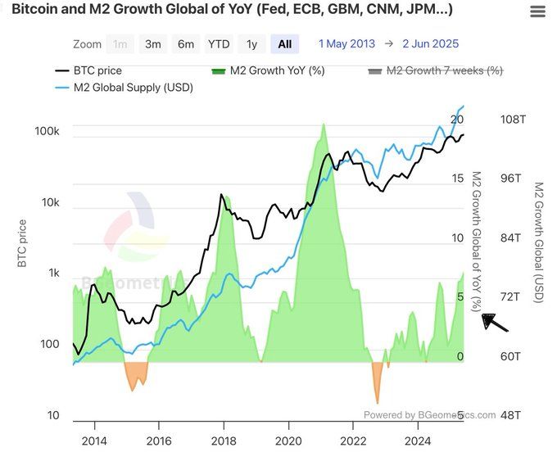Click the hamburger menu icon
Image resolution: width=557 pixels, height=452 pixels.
click(537, 11)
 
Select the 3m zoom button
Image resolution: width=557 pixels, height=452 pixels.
click(153, 44)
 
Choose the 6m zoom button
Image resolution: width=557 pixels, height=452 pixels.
click(186, 44)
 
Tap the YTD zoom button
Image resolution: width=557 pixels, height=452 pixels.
click(219, 44)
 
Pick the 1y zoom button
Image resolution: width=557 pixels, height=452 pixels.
click(251, 44)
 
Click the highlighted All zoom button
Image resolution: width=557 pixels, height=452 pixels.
click(284, 44)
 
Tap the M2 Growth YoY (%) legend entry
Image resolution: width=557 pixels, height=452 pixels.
click(268, 70)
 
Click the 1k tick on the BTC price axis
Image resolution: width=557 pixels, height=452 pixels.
click(53, 273)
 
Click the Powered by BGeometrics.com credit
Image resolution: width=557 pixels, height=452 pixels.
click(429, 415)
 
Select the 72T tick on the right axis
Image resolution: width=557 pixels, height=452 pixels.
click(510, 296)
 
